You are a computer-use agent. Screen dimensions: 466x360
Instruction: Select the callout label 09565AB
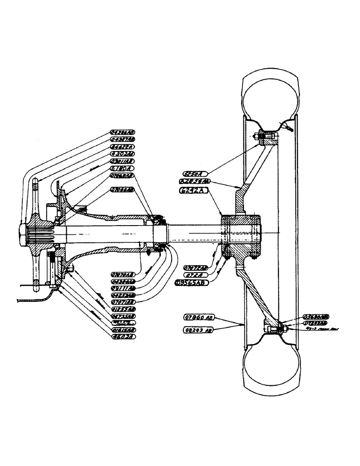[190, 282]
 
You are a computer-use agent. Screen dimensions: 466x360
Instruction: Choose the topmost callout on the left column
[123, 132]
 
